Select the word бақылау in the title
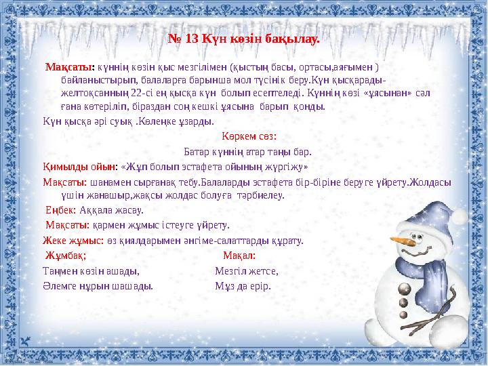coord(295,38)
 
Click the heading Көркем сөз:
coord(244,136)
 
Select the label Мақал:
coord(239,256)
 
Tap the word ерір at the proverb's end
coord(260,285)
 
